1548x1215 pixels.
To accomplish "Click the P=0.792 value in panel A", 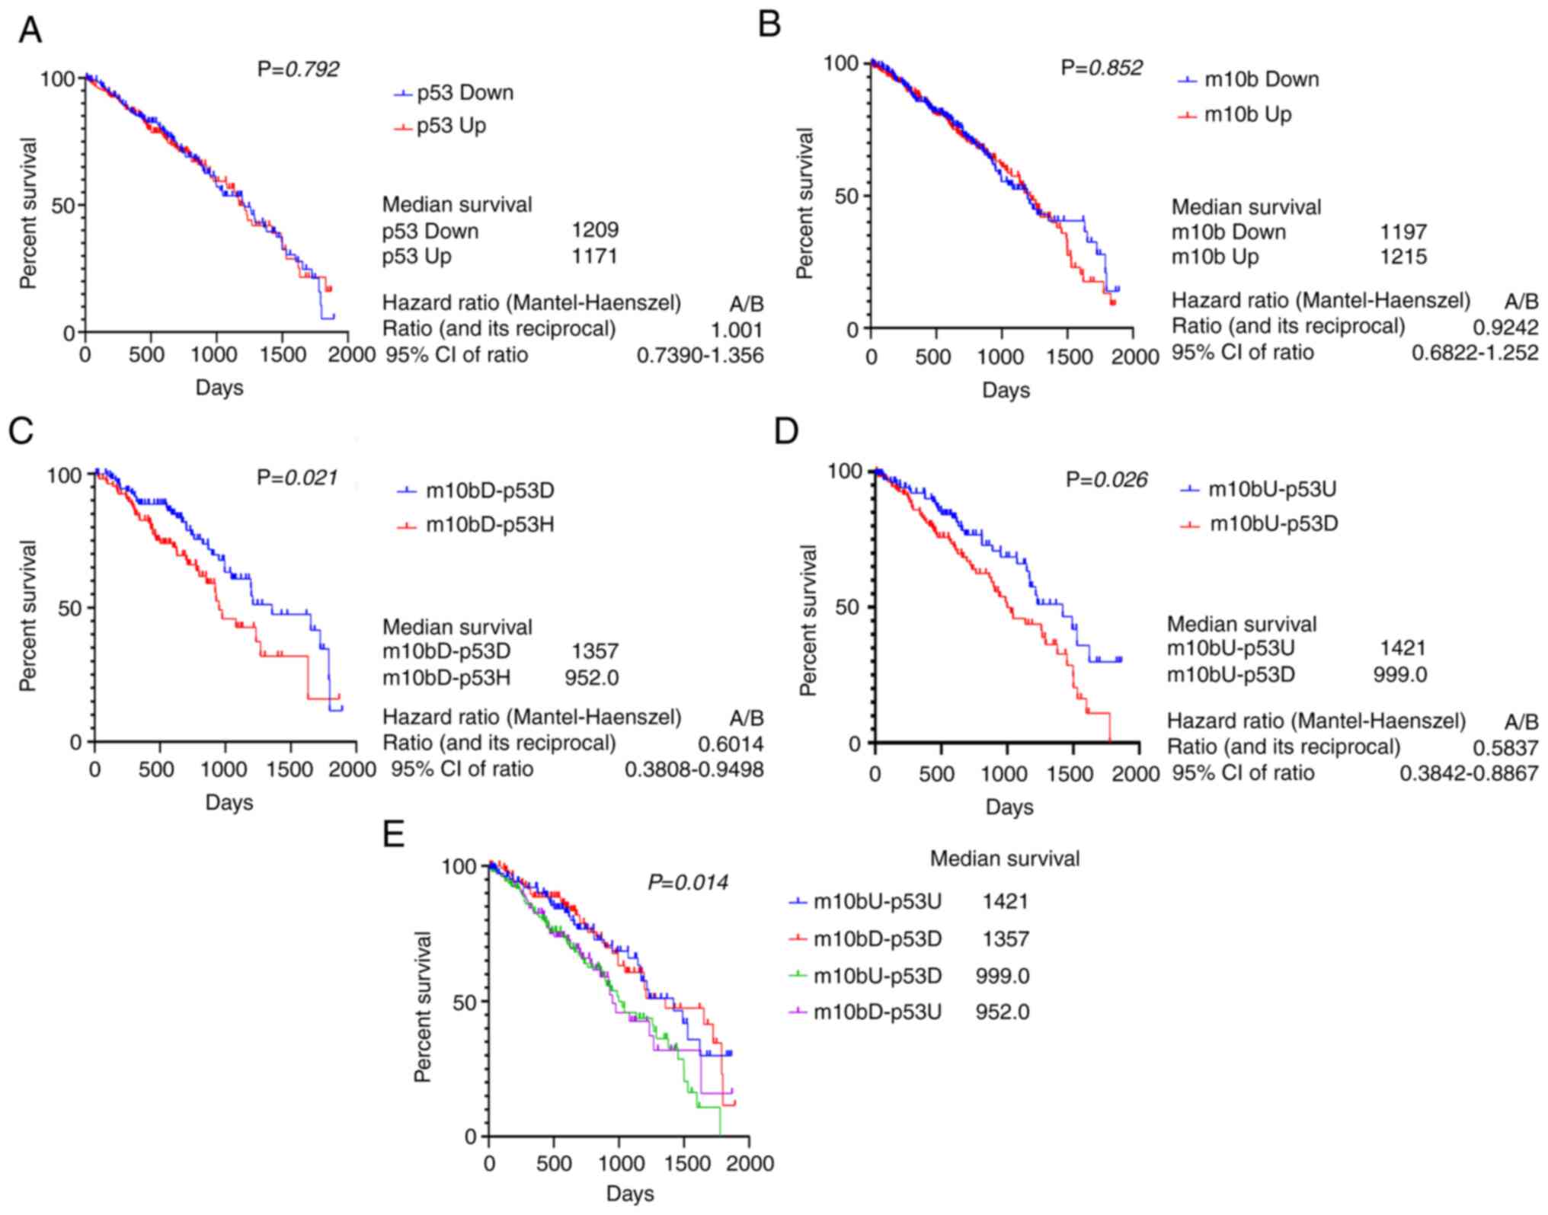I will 298,69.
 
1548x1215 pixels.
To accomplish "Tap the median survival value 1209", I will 595,230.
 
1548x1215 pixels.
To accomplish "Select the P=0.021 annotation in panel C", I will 297,478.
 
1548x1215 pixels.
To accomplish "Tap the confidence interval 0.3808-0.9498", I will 694,770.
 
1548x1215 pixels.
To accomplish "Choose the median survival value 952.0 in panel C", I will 591,677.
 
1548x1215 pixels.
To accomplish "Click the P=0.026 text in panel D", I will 1106,480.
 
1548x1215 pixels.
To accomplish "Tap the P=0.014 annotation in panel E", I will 687,883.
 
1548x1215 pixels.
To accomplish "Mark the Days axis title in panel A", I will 219,388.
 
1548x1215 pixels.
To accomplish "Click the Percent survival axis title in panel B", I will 804,203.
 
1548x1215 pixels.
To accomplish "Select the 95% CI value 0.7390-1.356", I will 699,355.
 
